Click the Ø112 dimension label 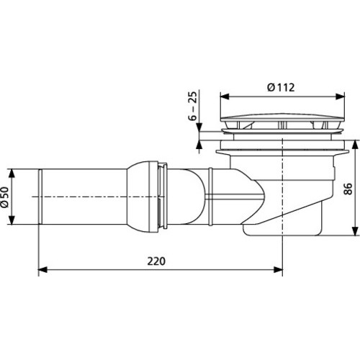(281, 87)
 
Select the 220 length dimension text (156, 261)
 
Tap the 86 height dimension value (348, 189)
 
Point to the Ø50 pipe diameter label (4, 197)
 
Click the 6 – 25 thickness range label (192, 106)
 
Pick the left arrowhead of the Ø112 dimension (225, 96)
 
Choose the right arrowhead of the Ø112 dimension (341, 96)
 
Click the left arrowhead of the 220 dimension (43, 269)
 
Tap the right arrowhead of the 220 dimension (278, 269)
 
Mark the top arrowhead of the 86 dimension (355, 145)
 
